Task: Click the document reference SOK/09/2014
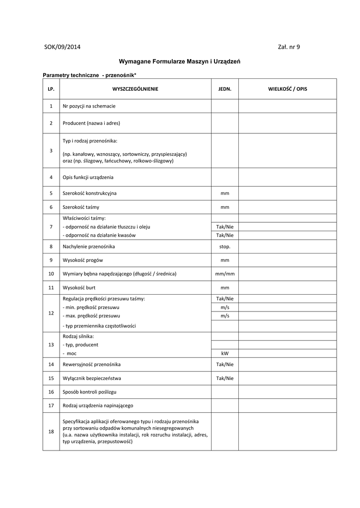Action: [62, 47]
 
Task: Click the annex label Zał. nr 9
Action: [289, 47]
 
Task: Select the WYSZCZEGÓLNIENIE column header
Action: [136, 89]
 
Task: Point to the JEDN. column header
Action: [225, 89]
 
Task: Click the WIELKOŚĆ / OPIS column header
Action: [288, 89]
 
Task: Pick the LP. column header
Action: [51, 89]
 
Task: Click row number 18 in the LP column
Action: [51, 432]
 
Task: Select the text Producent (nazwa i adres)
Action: [91, 123]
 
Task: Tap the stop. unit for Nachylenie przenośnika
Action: [225, 246]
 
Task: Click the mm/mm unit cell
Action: [225, 274]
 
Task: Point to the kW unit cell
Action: [225, 353]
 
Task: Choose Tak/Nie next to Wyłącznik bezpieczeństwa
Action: [225, 378]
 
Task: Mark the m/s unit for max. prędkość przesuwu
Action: [225, 316]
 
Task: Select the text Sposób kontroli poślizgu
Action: [92, 392]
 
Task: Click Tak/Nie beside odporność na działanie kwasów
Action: [225, 235]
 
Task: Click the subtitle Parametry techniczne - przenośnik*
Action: [89, 74]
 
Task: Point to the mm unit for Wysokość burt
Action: [225, 287]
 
